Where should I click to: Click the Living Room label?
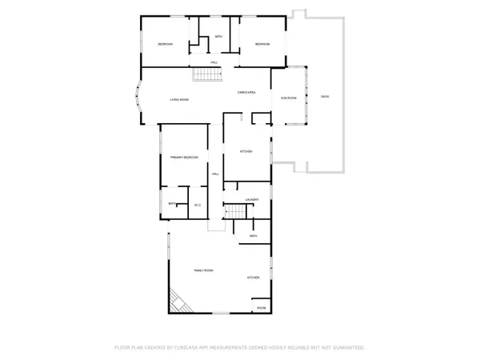178,100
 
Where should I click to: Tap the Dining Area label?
246,94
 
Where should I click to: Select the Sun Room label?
289,98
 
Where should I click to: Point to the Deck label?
324,96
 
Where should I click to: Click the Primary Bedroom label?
184,158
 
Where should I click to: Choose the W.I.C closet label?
198,206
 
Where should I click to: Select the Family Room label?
203,271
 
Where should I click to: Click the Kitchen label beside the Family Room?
253,278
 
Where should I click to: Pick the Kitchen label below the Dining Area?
246,151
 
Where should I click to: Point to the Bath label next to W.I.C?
172,205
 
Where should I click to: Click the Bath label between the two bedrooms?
217,37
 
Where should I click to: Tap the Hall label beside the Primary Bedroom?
214,174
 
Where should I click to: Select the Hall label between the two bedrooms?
214,62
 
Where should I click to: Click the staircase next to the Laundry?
234,212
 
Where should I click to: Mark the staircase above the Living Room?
206,75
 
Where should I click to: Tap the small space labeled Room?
261,308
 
